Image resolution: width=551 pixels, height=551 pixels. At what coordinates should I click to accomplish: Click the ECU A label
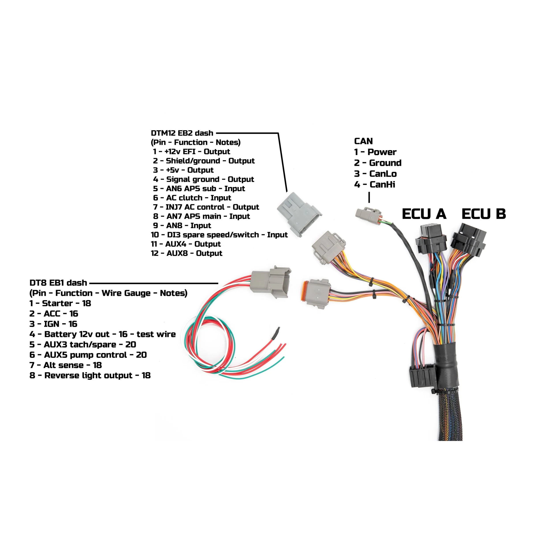(424, 214)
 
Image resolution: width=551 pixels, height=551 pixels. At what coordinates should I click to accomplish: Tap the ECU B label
(484, 214)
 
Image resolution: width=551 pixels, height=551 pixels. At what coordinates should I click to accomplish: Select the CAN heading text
(363, 141)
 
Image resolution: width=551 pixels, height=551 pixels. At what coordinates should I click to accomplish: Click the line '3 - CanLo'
(375, 174)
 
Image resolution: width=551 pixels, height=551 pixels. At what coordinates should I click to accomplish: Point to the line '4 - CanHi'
(374, 184)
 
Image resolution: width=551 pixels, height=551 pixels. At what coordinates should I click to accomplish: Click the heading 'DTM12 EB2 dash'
(182, 133)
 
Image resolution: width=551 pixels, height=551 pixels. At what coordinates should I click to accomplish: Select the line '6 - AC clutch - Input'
(192, 198)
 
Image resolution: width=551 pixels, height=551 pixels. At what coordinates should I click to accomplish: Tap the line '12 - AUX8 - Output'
(186, 253)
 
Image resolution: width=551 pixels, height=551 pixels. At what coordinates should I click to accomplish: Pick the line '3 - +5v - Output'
(183, 170)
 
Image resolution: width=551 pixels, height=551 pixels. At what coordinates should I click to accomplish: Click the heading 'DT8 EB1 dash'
(58, 283)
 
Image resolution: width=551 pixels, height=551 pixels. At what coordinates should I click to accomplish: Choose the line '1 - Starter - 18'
(60, 303)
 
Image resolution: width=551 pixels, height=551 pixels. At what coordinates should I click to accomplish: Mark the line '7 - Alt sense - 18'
(66, 365)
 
